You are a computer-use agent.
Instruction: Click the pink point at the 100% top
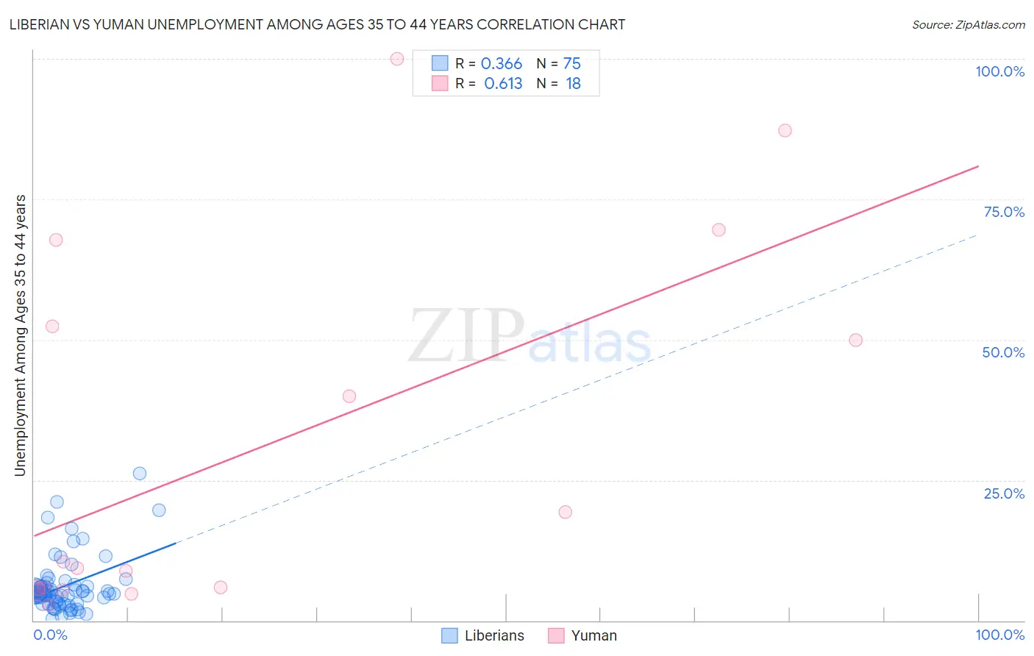coord(397,59)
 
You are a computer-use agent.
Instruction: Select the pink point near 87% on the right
coord(785,130)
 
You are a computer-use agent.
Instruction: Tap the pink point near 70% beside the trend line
coord(719,229)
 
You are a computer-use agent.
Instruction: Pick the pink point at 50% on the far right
coord(855,340)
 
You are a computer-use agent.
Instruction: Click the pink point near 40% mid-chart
coord(349,396)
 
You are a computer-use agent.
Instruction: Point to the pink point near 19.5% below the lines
coord(565,512)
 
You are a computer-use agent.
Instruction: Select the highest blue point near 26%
coord(140,474)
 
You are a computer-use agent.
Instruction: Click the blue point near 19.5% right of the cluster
coord(159,510)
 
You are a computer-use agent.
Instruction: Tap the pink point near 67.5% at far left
coord(56,240)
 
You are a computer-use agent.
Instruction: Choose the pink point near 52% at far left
coord(52,327)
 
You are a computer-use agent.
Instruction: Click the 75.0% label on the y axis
coord(1004,212)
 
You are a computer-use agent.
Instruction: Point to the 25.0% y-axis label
coord(1004,493)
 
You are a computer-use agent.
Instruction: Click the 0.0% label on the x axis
coord(50,635)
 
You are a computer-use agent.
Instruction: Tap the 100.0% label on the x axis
coord(999,635)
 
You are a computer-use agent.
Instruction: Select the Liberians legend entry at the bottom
coord(493,635)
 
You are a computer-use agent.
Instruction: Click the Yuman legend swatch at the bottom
coord(556,635)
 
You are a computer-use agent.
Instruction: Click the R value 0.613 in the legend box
coord(503,83)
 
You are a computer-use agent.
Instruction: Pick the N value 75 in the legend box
coord(571,63)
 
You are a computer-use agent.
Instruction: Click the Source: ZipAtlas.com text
coord(968,24)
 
